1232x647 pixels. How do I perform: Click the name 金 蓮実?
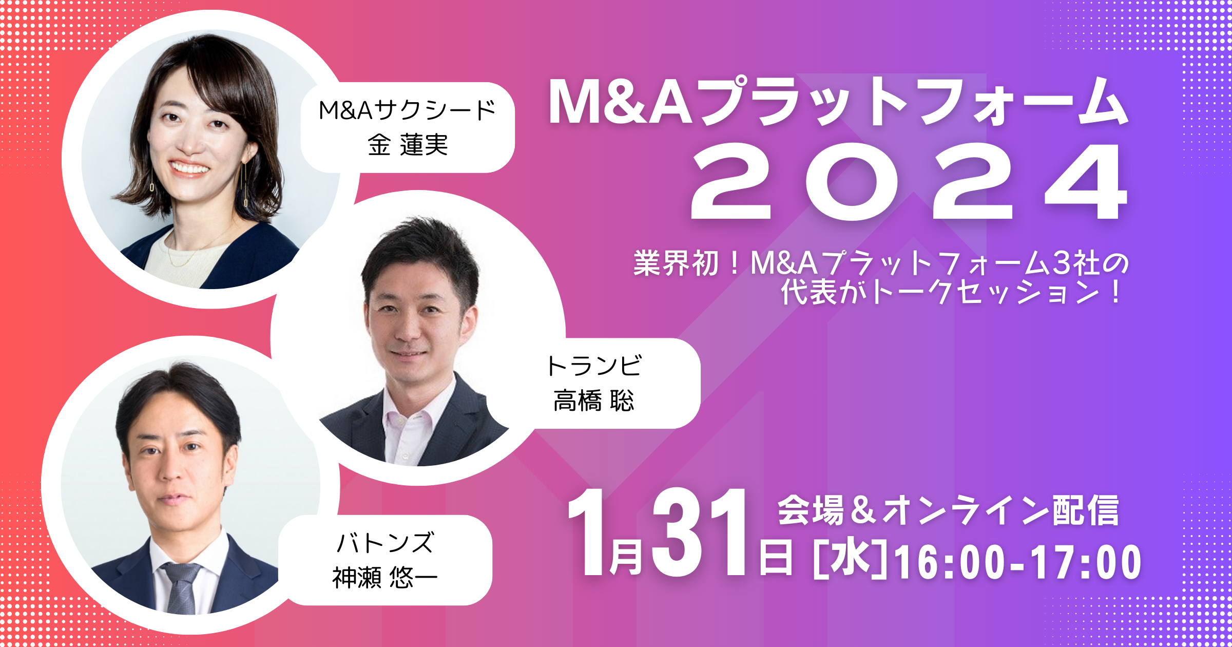click(408, 145)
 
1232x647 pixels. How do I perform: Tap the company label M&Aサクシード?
click(407, 110)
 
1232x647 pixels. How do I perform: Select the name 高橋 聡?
click(593, 401)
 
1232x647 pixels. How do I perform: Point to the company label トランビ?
click(594, 366)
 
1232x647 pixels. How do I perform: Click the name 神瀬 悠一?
click(384, 578)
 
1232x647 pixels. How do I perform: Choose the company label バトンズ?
click(385, 543)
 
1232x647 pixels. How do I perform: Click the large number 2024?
click(909, 182)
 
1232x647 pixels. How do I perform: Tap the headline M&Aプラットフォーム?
click(837, 103)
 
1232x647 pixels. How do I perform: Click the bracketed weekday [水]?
click(850, 560)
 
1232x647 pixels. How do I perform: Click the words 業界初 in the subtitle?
click(676, 263)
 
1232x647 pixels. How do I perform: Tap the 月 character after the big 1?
click(625, 557)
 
